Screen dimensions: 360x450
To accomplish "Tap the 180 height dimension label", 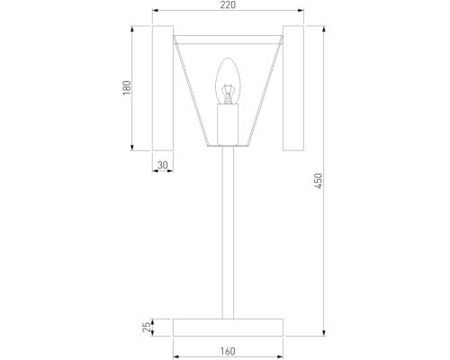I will (127, 88).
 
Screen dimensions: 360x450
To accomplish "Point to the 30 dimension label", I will (162, 165).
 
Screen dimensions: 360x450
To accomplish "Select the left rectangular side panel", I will (162, 88).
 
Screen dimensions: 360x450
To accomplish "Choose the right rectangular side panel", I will (294, 88).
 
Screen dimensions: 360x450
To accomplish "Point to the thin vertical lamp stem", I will (228, 234).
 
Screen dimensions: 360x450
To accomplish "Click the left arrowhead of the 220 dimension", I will (155, 12).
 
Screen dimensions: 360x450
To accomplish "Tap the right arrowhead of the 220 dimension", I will (301, 12).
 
